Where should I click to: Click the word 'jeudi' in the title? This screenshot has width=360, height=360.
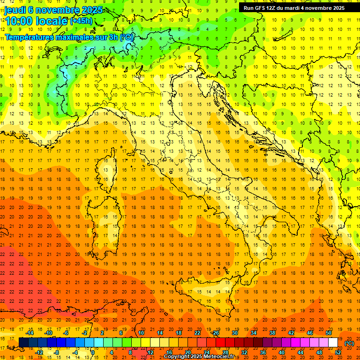(15, 10)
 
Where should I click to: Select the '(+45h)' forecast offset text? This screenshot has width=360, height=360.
(81, 21)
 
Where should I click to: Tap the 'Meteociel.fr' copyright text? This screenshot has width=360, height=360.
(220, 357)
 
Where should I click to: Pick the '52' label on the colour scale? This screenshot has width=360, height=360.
(338, 352)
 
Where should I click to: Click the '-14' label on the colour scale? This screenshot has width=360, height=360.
(30, 333)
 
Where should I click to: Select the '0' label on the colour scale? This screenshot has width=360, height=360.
(93, 352)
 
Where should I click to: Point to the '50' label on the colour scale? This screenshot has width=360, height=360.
(329, 333)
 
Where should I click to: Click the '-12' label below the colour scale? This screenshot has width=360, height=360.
(39, 352)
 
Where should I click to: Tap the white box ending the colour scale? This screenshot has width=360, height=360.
(333, 343)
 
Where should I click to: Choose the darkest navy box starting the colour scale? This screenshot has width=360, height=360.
(23, 343)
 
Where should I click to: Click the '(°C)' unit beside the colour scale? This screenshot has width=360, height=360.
(349, 343)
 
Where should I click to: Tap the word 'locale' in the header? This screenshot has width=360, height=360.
(52, 22)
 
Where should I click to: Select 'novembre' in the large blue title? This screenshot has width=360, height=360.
(59, 10)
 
